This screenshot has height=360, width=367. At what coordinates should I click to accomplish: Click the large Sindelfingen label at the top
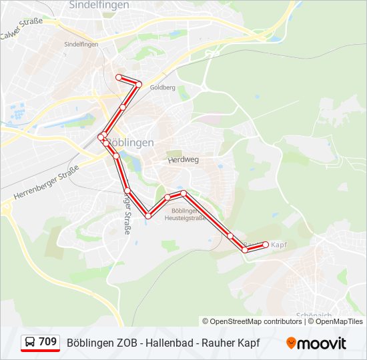[99, 5]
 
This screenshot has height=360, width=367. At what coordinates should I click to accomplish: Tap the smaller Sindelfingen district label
[81, 44]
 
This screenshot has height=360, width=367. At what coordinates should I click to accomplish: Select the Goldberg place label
[163, 87]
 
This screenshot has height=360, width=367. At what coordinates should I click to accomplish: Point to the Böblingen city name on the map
[130, 143]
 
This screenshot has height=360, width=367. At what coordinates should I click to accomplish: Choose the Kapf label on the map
[279, 245]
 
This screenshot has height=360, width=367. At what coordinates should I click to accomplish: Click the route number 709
[47, 342]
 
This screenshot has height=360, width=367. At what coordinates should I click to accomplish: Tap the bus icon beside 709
[29, 343]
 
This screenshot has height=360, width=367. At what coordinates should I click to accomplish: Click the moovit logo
[316, 343]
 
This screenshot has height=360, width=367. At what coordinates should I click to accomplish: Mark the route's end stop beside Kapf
[266, 245]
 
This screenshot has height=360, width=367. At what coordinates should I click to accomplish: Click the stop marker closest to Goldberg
[139, 84]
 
